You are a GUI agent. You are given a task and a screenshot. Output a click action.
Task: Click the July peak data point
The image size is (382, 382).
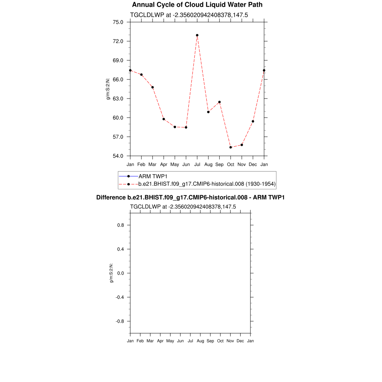click(197, 35)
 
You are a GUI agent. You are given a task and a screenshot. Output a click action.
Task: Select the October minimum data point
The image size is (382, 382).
click(231, 147)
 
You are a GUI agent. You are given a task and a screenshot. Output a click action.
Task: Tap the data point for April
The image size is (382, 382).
click(163, 119)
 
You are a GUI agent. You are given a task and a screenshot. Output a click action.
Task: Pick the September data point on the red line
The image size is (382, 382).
click(219, 102)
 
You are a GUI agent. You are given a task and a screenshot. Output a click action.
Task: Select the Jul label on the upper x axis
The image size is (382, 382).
click(197, 164)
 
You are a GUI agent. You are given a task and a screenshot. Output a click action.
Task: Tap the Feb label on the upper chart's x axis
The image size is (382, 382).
click(141, 164)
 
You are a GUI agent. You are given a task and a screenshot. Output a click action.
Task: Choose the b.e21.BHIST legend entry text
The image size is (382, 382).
click(207, 184)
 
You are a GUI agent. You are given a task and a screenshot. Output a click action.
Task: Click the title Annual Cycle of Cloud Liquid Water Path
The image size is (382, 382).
click(197, 5)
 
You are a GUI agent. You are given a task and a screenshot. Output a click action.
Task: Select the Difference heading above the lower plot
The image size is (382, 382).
click(190, 197)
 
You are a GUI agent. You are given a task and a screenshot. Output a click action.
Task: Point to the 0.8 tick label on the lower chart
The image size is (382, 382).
click(120, 225)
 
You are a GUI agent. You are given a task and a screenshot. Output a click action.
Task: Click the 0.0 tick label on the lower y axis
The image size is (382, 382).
click(120, 273)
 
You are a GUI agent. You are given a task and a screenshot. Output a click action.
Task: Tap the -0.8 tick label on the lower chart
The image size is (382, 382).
click(120, 321)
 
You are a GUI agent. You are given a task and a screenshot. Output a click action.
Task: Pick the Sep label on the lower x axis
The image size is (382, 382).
click(210, 341)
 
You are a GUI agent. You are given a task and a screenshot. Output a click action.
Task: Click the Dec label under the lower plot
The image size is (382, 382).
click(240, 341)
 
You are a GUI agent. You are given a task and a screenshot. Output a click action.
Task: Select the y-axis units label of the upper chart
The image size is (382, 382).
click(108, 89)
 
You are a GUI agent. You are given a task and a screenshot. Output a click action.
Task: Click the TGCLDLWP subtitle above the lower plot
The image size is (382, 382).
click(183, 207)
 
